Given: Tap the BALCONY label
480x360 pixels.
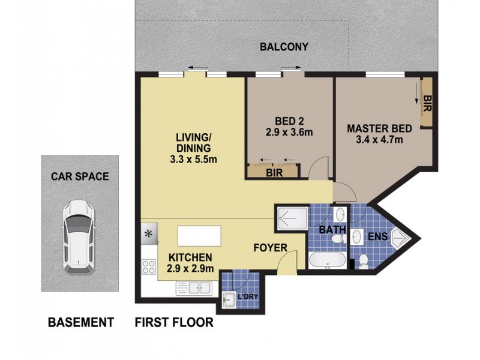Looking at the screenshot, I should click(284, 47).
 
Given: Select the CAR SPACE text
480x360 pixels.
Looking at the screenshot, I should click(80, 176).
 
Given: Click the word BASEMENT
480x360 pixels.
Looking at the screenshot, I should click(80, 323).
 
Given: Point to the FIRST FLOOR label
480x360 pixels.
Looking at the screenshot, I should click(174, 323).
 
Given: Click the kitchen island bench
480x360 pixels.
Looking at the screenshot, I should click(199, 235).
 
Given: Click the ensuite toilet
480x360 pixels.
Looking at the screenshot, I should click(364, 261).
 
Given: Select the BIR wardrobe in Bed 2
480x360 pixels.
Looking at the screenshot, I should click(274, 172).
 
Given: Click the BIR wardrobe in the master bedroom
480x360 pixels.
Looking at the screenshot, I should click(427, 102).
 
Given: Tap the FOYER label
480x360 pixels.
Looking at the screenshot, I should click(270, 248).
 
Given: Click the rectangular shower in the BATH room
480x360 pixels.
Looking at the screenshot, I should click(291, 219).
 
